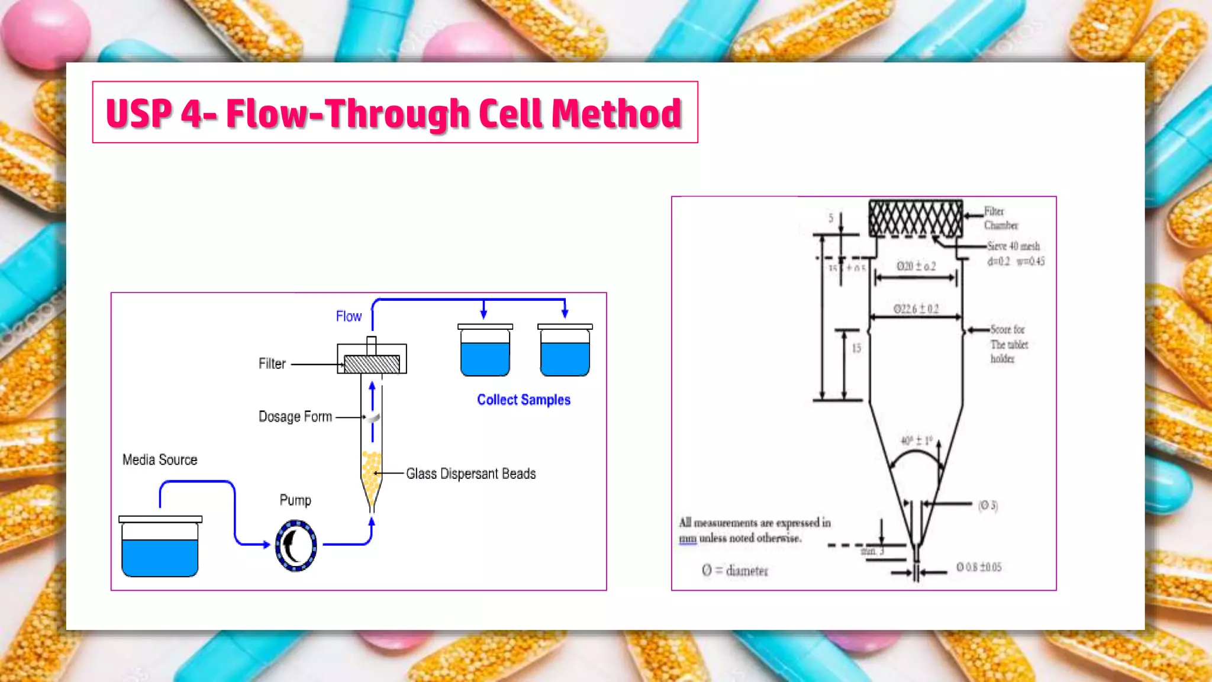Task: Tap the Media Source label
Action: tap(160, 460)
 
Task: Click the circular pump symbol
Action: tap(296, 545)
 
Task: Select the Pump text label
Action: tap(295, 500)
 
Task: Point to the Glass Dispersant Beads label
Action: tap(470, 474)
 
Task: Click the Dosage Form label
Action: tap(295, 417)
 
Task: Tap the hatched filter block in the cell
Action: tap(372, 363)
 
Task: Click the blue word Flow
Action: tap(349, 317)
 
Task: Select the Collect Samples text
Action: tap(524, 400)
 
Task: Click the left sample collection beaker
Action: tap(485, 352)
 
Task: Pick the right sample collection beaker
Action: tap(565, 352)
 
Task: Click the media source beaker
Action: tap(160, 548)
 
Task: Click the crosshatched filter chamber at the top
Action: tap(915, 218)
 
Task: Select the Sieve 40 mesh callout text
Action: tap(1014, 246)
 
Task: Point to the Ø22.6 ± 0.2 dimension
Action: tap(916, 309)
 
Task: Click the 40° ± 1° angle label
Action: tap(916, 441)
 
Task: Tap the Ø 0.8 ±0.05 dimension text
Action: tap(979, 567)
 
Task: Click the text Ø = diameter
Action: tap(734, 571)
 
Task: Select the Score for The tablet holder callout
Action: tap(1008, 344)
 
